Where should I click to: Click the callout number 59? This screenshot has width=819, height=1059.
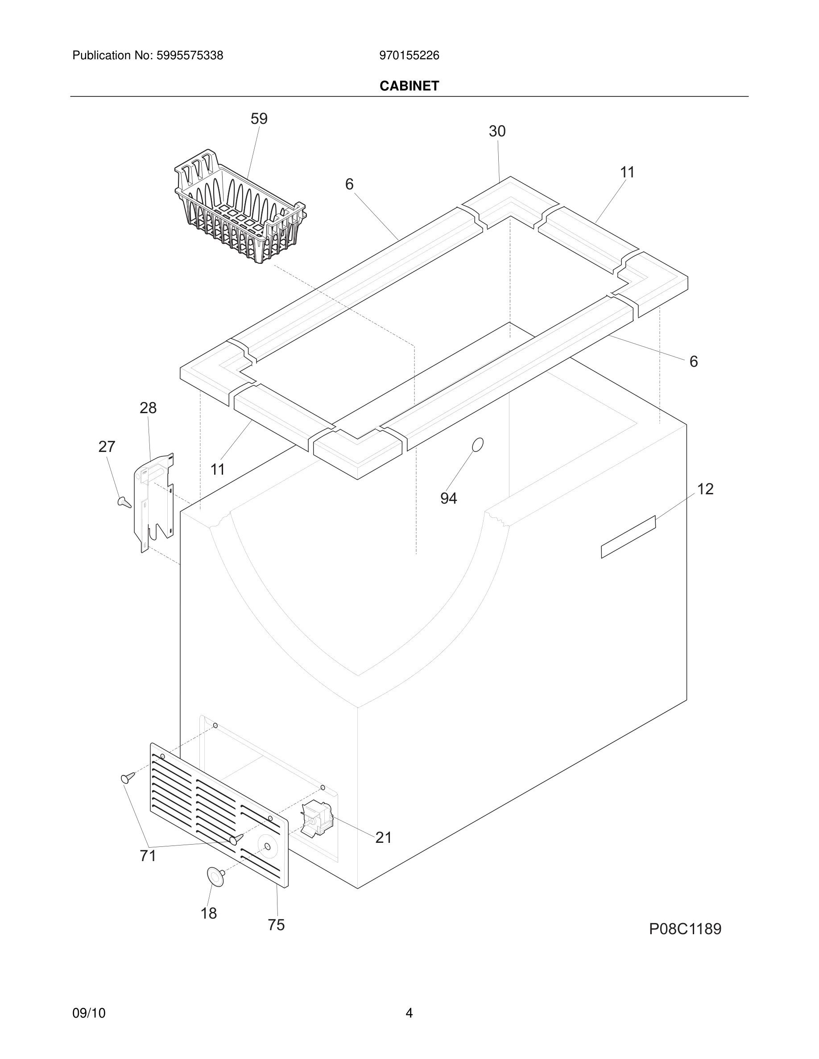tap(259, 119)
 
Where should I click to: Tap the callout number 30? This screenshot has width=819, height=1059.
tap(497, 131)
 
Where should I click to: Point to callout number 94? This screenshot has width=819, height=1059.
tap(448, 498)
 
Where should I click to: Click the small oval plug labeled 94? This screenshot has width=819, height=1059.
tap(477, 445)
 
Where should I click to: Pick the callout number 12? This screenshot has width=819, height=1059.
tap(705, 489)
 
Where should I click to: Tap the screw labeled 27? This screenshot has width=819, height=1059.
tap(124, 502)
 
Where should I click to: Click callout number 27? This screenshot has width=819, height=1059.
tap(107, 447)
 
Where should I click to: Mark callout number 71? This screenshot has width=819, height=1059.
tap(148, 856)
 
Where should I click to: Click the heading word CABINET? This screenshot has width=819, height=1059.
tap(409, 86)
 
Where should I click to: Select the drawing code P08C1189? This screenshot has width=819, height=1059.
tap(685, 928)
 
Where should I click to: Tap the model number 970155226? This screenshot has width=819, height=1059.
tap(409, 56)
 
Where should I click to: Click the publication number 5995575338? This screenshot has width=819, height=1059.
tap(189, 56)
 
